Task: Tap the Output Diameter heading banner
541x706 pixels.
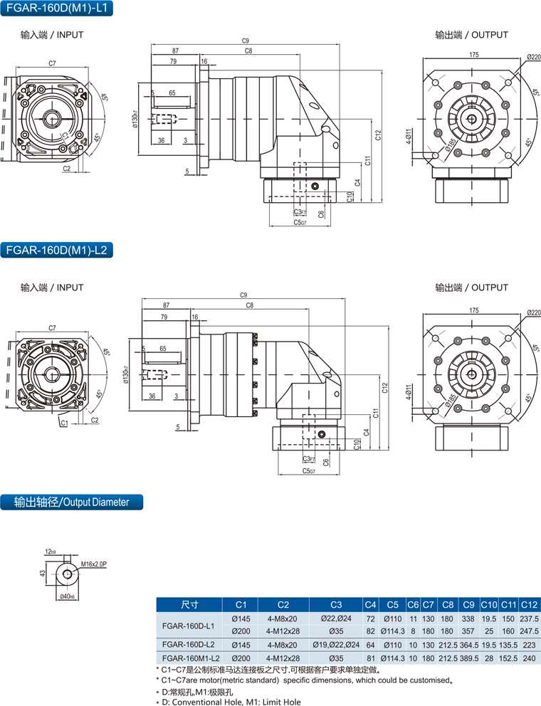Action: pos(71,502)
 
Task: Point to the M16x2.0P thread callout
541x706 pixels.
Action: pos(93,564)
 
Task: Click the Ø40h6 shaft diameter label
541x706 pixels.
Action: pos(67,596)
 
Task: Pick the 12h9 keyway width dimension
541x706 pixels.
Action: pos(50,552)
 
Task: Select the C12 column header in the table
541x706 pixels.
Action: pos(530,605)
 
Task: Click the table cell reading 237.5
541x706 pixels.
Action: pos(530,619)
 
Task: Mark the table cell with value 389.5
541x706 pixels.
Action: pos(469,658)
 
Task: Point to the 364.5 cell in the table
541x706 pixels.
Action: pos(469,644)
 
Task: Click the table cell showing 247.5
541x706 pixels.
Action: pos(530,631)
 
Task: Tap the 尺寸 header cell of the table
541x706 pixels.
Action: pos(188,605)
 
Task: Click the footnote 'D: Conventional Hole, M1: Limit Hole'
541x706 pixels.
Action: pos(231,702)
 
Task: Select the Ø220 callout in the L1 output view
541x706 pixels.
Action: pos(533,57)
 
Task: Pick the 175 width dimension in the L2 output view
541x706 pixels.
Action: pos(474,310)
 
